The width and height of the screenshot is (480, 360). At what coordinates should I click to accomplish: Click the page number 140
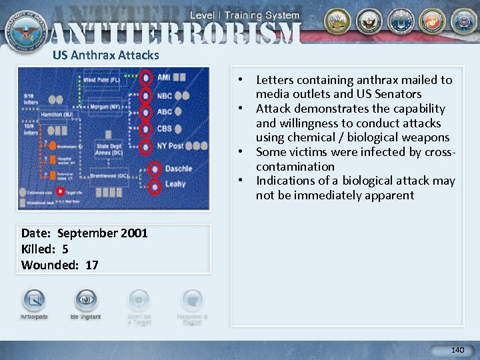457,350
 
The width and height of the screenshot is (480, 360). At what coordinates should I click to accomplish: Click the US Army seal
338,21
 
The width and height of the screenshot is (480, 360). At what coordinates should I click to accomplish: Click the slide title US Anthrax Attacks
106,55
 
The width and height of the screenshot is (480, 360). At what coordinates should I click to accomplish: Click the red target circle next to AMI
145,78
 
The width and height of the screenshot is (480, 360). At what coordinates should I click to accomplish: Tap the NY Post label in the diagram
171,145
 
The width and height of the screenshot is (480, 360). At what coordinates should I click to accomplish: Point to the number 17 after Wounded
92,265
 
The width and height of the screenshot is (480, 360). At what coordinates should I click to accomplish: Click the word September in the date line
87,233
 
